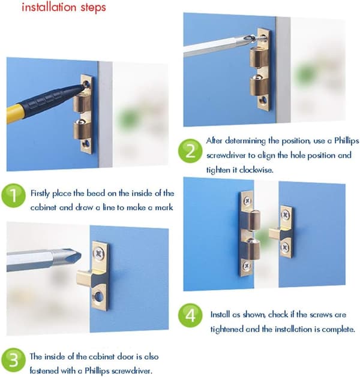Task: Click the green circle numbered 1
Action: (x=13, y=195)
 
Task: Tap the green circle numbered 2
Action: (x=190, y=151)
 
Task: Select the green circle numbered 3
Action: (x=13, y=360)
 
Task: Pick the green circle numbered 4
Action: (x=190, y=315)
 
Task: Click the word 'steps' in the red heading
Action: (x=93, y=8)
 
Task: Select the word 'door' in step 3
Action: (x=125, y=357)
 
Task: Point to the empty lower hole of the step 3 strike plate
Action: (x=98, y=296)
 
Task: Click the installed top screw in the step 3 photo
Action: (x=98, y=253)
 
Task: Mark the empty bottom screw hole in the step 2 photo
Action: (x=264, y=99)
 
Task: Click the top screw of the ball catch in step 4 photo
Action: (x=247, y=201)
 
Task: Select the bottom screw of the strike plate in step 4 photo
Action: (x=285, y=247)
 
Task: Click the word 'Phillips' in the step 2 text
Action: (x=347, y=141)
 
